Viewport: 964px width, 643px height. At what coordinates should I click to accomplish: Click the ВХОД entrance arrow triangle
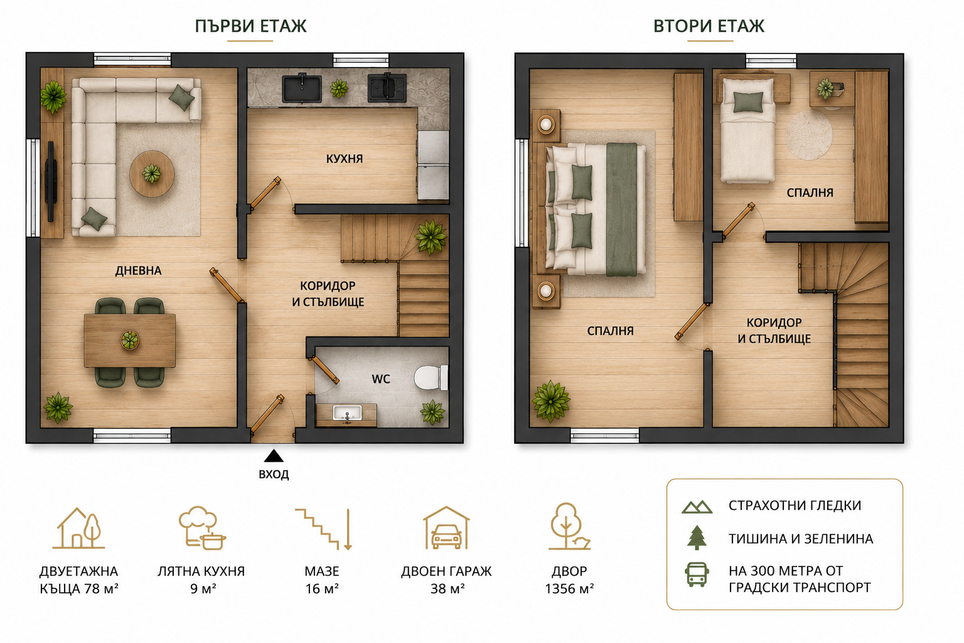pyautogui.click(x=274, y=456)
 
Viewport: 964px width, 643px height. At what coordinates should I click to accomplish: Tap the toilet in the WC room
pyautogui.click(x=431, y=377)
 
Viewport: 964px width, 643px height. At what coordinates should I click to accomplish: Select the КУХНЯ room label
pyautogui.click(x=345, y=159)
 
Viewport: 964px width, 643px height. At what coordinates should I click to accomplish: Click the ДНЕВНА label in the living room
pyautogui.click(x=138, y=271)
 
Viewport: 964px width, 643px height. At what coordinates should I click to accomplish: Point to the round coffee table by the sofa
pyautogui.click(x=152, y=173)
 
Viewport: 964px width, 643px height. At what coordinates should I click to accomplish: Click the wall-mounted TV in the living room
pyautogui.click(x=51, y=181)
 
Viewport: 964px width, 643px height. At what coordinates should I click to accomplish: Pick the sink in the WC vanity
pyautogui.click(x=347, y=413)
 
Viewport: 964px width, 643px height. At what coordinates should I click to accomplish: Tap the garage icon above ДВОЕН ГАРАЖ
pyautogui.click(x=446, y=527)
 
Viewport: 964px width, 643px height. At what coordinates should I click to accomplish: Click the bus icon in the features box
pyautogui.click(x=697, y=575)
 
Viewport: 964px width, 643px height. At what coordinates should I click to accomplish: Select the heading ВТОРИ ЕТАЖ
pyautogui.click(x=709, y=26)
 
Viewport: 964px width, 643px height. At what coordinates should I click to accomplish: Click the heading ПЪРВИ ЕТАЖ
pyautogui.click(x=250, y=26)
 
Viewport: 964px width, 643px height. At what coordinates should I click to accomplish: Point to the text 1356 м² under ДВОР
pyautogui.click(x=569, y=589)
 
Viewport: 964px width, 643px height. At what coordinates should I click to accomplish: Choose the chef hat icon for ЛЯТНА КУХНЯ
pyautogui.click(x=202, y=527)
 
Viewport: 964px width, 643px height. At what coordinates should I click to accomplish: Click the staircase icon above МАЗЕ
pyautogui.click(x=324, y=529)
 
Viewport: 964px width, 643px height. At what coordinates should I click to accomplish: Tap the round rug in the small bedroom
pyautogui.click(x=809, y=134)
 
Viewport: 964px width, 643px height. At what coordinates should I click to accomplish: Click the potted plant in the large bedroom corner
pyautogui.click(x=551, y=401)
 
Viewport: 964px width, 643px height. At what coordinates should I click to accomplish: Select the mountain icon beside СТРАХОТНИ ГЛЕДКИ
pyautogui.click(x=697, y=507)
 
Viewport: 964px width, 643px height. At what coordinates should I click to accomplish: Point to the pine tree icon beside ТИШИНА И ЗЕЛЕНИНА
pyautogui.click(x=697, y=538)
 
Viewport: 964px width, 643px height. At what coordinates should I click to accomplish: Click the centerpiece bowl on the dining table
pyautogui.click(x=129, y=340)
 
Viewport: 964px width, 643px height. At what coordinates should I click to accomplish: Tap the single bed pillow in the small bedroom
pyautogui.click(x=748, y=102)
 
